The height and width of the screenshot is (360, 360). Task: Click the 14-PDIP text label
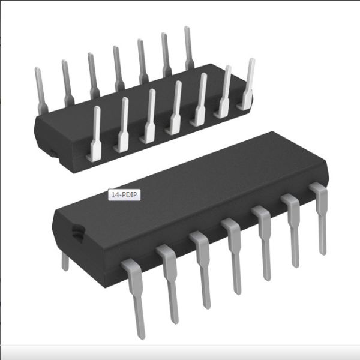124,194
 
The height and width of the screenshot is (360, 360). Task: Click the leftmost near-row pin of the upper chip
95,135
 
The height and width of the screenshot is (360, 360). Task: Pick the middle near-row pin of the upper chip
176,109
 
